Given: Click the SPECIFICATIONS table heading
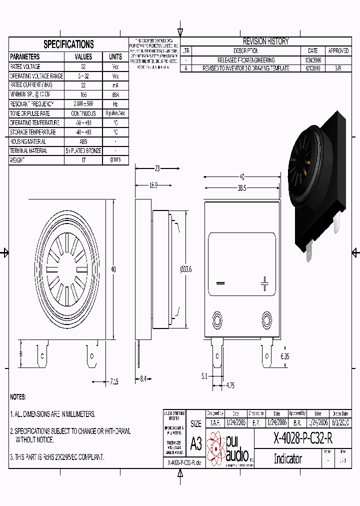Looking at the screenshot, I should coord(68,44).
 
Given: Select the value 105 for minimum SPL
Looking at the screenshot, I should coord(83,94).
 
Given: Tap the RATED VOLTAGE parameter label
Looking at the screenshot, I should coord(25,66).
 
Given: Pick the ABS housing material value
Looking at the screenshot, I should coord(83,141).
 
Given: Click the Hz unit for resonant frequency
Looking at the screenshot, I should coord(115,104).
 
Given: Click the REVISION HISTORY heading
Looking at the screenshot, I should coord(265,41).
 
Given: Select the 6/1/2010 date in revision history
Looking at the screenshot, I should coord(313,68).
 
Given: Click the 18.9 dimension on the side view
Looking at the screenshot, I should coord(153,185).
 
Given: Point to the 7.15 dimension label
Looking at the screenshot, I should coord(114,382).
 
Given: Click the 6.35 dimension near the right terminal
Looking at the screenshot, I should coord(285,356).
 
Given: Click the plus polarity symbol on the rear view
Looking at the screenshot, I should coord(264,284).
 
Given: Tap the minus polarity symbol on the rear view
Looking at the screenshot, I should coord(220,283).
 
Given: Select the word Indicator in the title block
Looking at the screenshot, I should coord(288,458).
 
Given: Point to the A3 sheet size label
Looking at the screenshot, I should coord(196,442).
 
